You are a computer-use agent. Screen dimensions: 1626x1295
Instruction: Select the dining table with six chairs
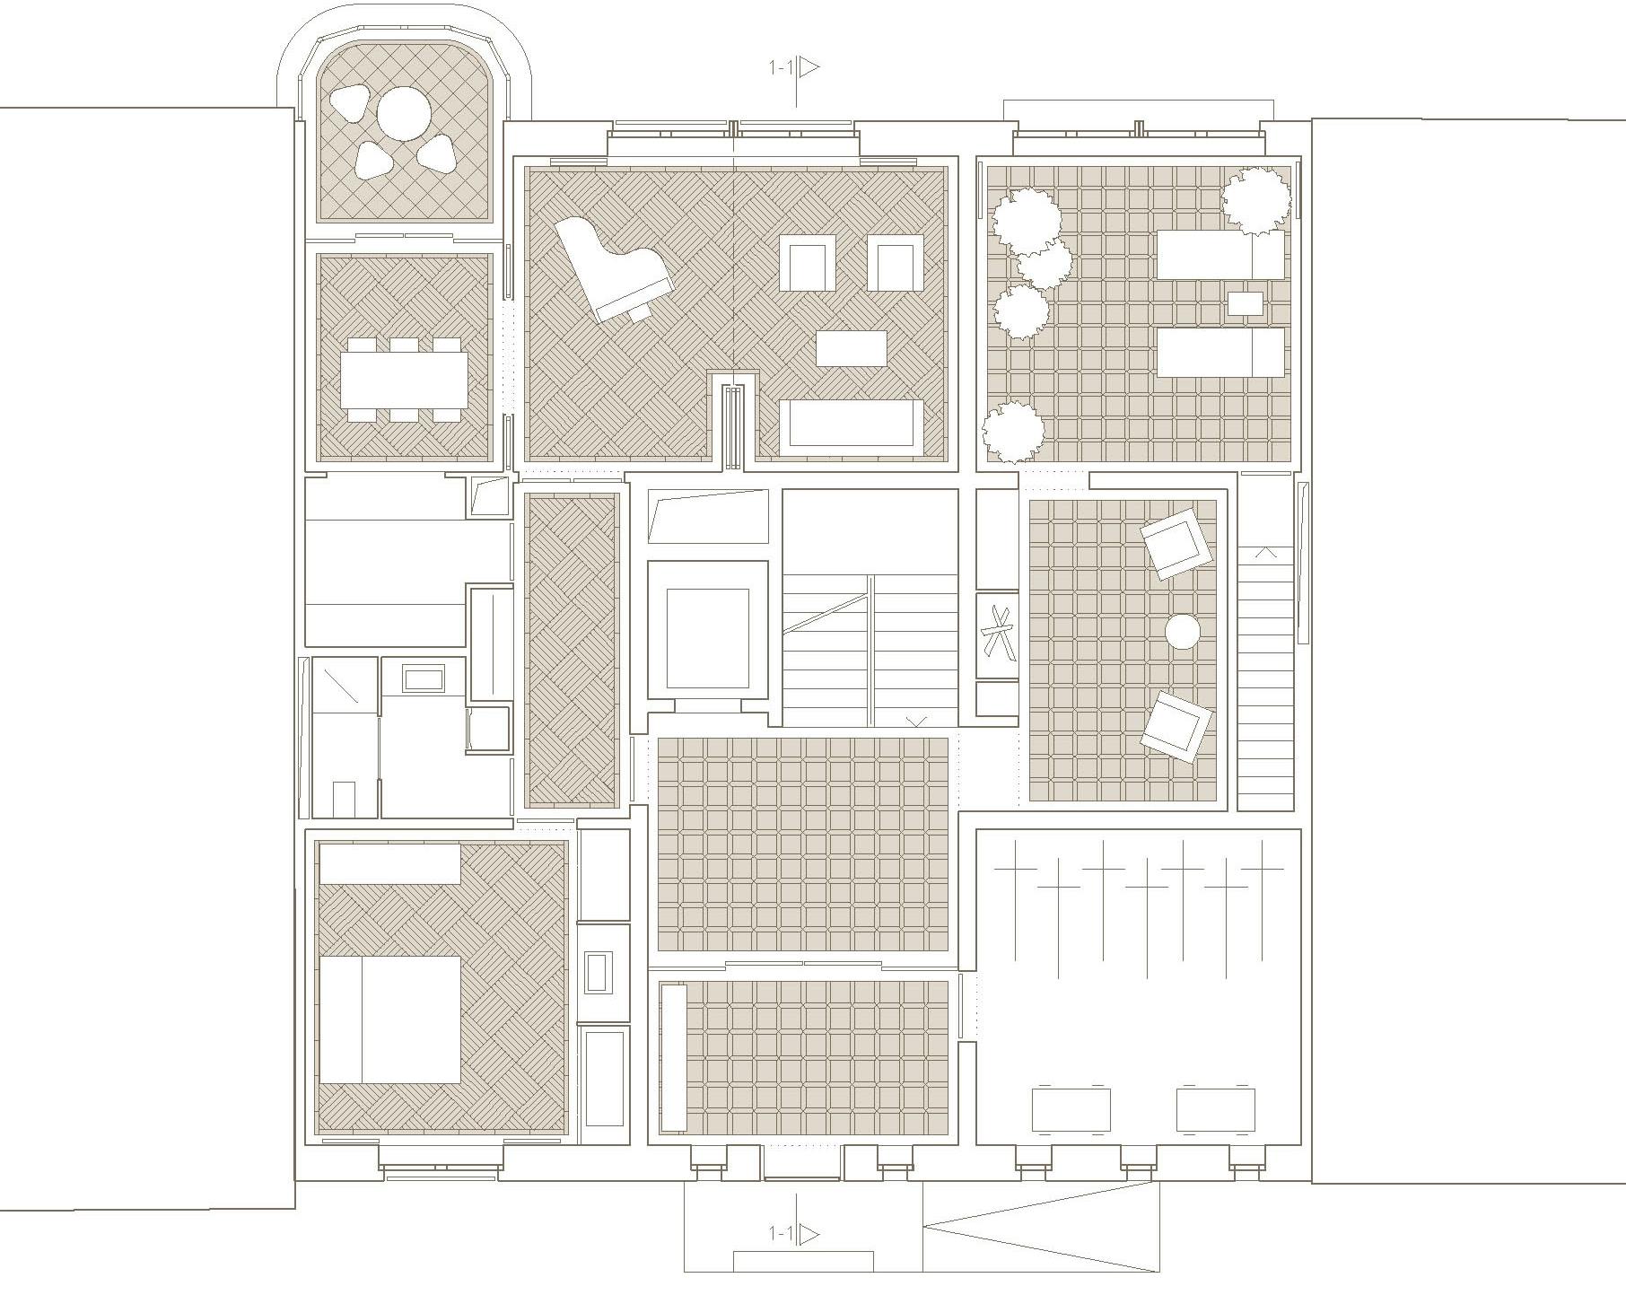click(404, 380)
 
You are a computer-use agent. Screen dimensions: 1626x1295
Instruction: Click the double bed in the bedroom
click(390, 1019)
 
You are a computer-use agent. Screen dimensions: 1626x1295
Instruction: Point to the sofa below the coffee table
click(851, 424)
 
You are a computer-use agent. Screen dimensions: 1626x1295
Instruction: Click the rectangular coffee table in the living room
click(852, 348)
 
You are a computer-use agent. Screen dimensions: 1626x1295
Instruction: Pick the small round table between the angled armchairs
click(1183, 631)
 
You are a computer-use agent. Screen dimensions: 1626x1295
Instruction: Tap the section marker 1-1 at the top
click(795, 67)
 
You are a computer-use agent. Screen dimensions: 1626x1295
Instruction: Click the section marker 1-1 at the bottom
click(795, 1234)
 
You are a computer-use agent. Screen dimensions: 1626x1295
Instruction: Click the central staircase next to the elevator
click(870, 608)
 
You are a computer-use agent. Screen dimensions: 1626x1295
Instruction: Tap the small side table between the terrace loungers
click(1245, 303)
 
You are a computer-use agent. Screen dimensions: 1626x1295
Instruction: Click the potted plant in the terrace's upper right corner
click(1256, 202)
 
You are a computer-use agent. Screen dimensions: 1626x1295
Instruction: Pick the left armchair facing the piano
click(808, 263)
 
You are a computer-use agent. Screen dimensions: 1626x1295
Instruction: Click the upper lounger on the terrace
click(1220, 255)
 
